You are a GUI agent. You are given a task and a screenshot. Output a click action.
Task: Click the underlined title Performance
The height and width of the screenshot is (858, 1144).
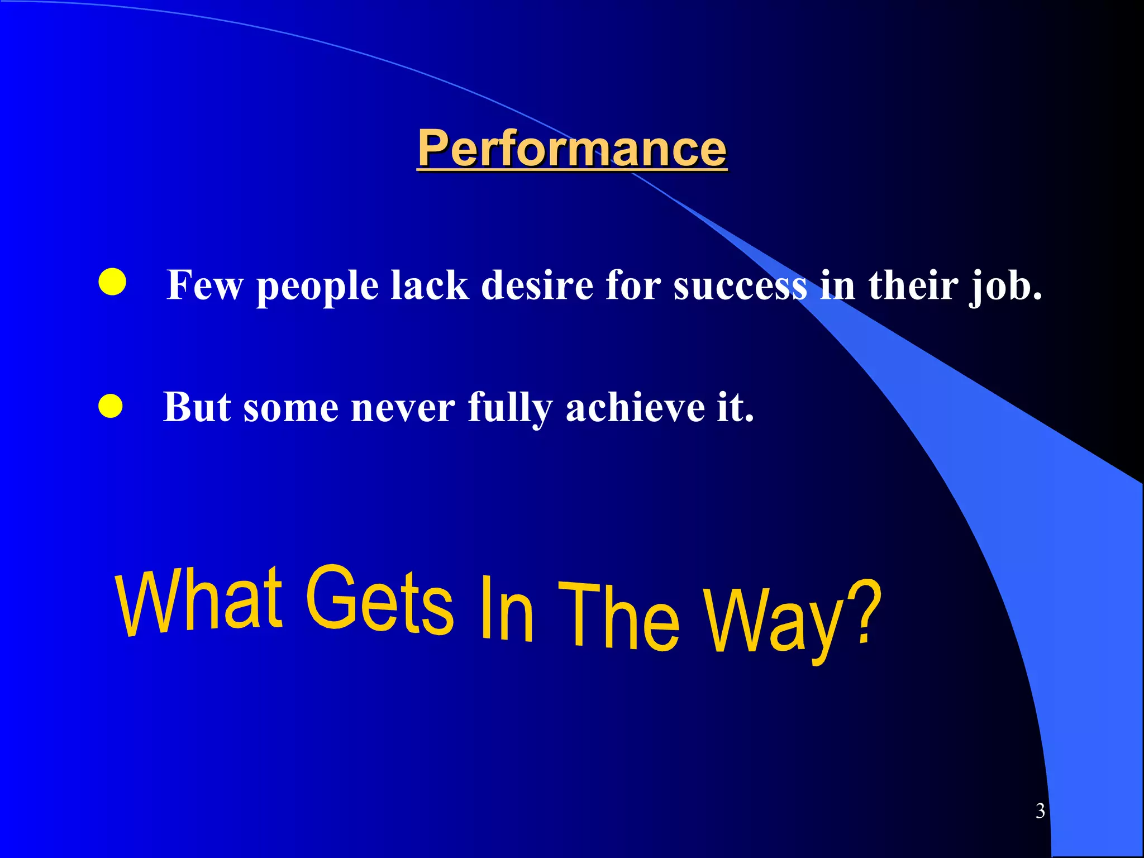(572, 148)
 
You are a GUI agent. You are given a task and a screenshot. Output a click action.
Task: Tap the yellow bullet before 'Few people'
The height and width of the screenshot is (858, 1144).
(112, 282)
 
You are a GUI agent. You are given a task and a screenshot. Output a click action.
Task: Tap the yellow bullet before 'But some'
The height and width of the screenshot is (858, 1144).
(111, 406)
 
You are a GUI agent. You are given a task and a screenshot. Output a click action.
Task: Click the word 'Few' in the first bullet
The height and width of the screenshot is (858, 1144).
(204, 285)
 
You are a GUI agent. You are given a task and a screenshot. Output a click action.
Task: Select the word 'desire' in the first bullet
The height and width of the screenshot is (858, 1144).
(537, 285)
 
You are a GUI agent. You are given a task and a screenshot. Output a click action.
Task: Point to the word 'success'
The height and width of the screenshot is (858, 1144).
(740, 285)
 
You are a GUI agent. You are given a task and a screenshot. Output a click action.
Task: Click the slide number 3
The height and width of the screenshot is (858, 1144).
(1040, 811)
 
